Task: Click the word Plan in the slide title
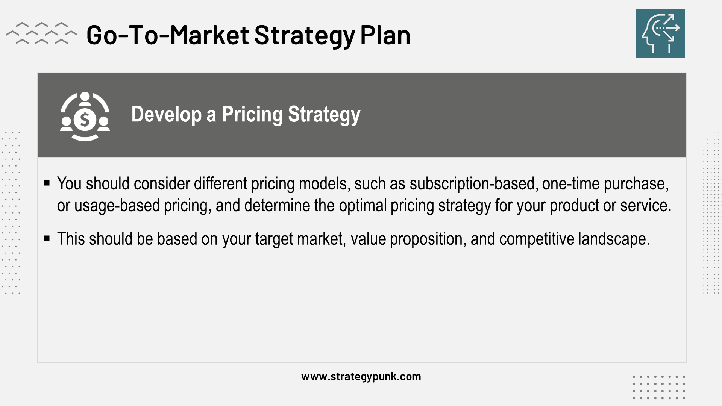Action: tap(385, 35)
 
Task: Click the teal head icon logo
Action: tap(660, 33)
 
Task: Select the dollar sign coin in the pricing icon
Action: tap(85, 120)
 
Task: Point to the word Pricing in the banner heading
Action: tap(252, 114)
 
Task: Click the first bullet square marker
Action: tap(47, 183)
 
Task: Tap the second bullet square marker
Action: tap(47, 238)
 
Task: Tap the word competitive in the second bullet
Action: tap(537, 239)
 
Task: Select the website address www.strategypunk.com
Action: tap(361, 377)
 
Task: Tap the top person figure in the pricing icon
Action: tap(85, 99)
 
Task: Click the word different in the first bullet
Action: tap(221, 184)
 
